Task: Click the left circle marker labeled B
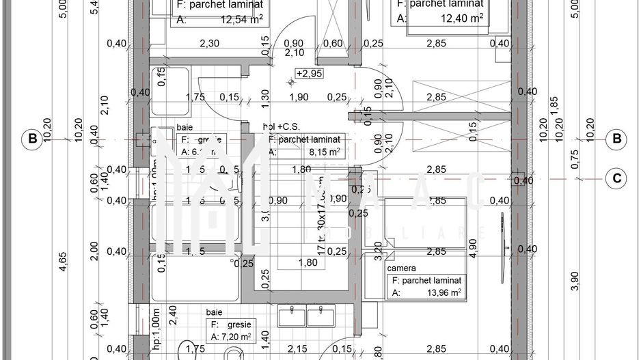31,139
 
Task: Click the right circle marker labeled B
617,139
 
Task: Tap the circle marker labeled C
617,179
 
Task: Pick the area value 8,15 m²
324,152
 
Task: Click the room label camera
401,268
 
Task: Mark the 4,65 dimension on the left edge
64,263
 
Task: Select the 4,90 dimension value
473,247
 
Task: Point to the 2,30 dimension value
209,44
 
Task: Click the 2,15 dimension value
297,350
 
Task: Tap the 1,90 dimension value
299,97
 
